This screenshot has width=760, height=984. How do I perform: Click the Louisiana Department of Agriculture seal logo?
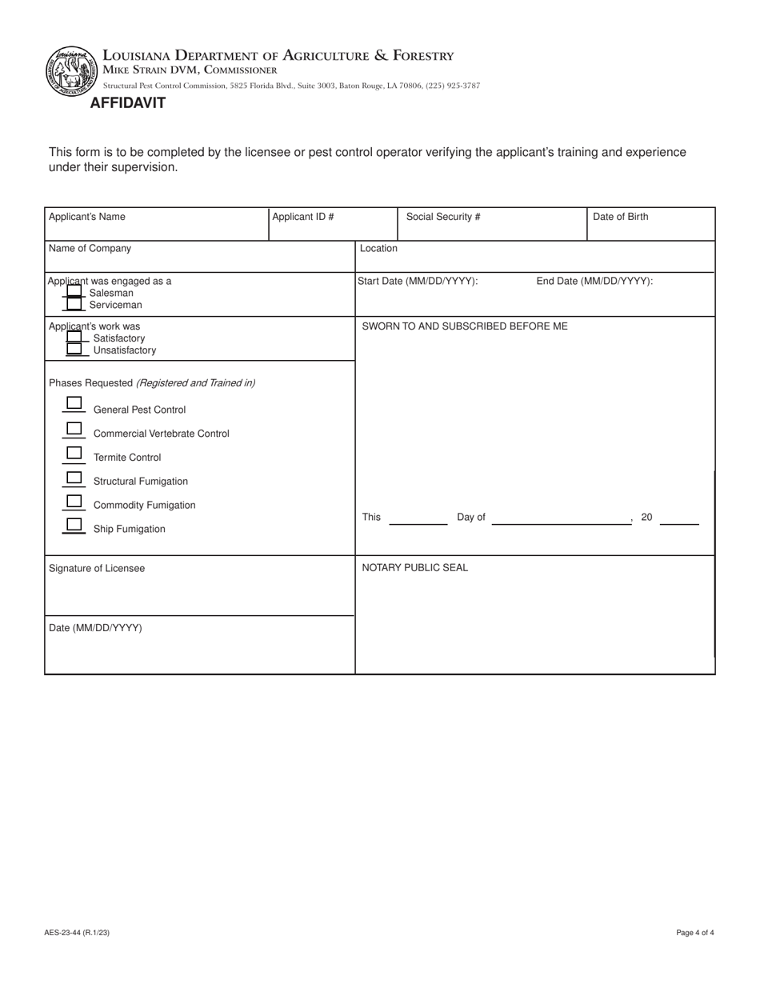[72, 72]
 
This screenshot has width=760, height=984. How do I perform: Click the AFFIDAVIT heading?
[128, 103]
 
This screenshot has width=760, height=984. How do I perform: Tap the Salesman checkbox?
[74, 292]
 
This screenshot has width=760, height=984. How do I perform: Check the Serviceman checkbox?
[74, 304]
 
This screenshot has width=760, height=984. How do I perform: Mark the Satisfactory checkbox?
[74, 338]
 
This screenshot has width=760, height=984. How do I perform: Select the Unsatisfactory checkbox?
[74, 350]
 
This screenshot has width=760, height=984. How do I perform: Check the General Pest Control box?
[74, 402]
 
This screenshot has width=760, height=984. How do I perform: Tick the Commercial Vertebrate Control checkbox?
[74, 428]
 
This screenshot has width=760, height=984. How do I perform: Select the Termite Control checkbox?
[74, 453]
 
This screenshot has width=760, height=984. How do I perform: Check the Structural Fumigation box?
[74, 478]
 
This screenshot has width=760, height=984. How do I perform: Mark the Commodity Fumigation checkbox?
[74, 501]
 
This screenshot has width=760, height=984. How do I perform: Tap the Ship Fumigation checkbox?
[74, 524]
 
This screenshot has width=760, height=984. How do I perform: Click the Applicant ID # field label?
[303, 217]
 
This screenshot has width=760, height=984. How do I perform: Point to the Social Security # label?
[443, 217]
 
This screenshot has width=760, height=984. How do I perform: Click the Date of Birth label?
[621, 217]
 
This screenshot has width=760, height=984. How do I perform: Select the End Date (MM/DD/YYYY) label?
[594, 281]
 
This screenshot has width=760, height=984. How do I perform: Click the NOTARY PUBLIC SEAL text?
[415, 568]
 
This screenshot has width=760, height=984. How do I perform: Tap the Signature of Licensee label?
[97, 569]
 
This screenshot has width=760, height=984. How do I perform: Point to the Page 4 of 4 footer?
[694, 933]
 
